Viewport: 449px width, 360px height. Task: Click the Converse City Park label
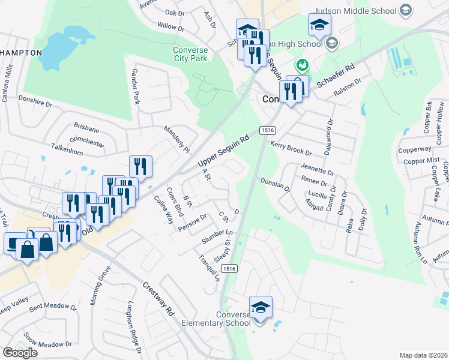tap(190, 54)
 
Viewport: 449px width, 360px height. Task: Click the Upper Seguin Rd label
tap(223, 151)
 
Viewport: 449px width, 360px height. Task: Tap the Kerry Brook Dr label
tap(291, 149)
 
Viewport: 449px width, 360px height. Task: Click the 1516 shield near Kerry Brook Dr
tap(267, 130)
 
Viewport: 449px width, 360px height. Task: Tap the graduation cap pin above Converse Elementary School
tap(261, 308)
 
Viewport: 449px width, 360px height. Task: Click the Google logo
tap(20, 353)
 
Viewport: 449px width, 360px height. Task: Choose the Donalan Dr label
tap(275, 184)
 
